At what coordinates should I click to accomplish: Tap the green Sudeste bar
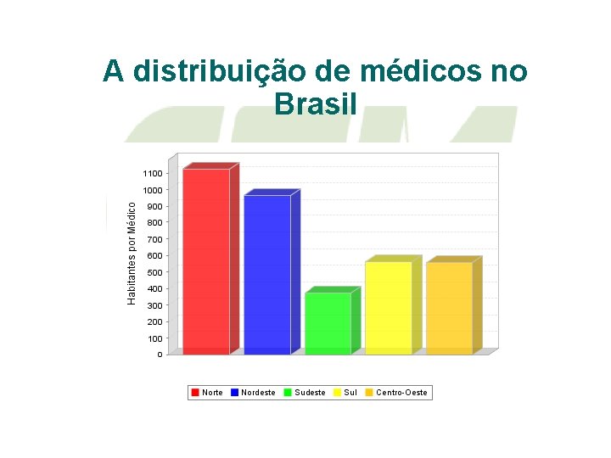coord(328,323)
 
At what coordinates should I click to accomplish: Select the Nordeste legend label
coord(258,393)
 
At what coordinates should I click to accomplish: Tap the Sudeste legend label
coord(310,393)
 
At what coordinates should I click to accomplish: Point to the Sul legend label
coord(350,393)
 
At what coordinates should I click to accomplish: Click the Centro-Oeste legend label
coord(401,393)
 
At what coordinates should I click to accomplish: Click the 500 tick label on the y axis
coord(154,272)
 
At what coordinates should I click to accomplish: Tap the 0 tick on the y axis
coord(160,355)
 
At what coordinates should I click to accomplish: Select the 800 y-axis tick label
coord(154,223)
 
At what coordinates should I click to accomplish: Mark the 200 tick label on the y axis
coord(154,322)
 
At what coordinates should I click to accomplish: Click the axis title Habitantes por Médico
coord(132,253)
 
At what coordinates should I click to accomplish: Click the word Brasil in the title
coord(315,103)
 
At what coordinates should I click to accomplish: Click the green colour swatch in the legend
coord(288,393)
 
